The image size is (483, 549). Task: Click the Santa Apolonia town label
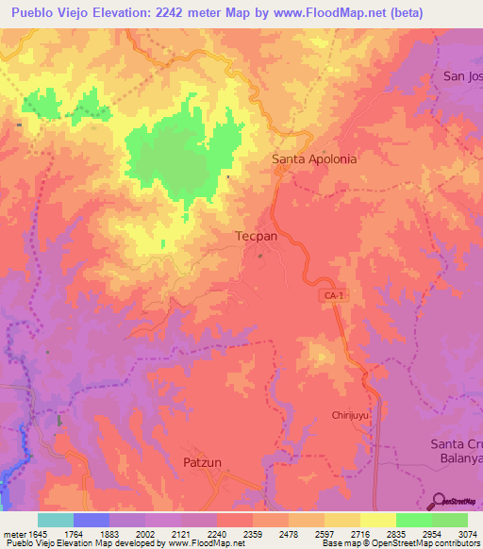(314, 158)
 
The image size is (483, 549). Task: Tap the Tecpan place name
(256, 236)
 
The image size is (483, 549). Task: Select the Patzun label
(201, 461)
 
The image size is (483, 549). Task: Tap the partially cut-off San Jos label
(462, 75)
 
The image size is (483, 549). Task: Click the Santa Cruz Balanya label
(456, 452)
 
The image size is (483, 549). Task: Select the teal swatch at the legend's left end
(56, 520)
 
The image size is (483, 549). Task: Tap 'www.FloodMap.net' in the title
(321, 13)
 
